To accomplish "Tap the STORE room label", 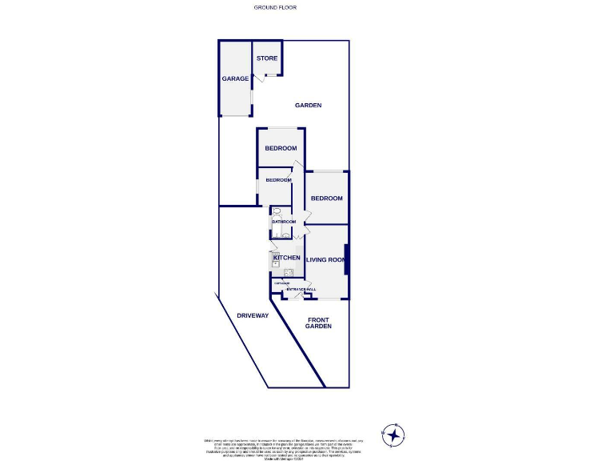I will point(267,58).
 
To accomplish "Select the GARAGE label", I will point(235,78).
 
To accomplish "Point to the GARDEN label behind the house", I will point(308,106).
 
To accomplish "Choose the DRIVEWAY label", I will point(253,315).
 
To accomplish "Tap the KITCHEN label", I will point(287,258).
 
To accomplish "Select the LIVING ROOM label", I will point(325,259).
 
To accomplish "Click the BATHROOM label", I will point(284,222).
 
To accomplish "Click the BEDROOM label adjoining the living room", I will point(326,198).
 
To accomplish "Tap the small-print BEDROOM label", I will point(279,180).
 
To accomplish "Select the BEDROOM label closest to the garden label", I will point(281,148).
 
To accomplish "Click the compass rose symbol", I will point(393,435).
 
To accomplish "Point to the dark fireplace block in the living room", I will point(346,262).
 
